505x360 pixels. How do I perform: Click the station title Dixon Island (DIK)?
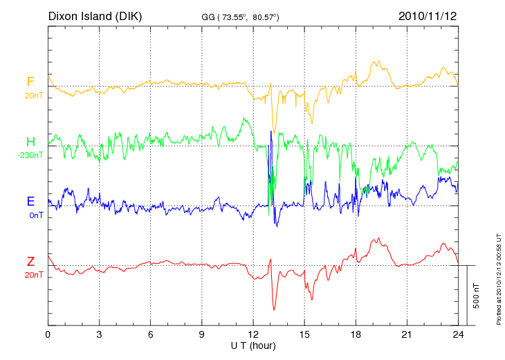coord(95,15)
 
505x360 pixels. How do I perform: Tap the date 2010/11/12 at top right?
coord(428,15)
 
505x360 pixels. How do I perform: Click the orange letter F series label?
coord(30,82)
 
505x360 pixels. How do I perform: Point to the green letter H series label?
coord(30,143)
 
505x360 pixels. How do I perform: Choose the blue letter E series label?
coord(30,202)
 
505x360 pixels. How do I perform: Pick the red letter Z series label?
coord(30,262)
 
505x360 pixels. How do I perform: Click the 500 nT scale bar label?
coord(477,296)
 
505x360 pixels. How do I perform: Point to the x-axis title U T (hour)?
coord(253,345)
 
